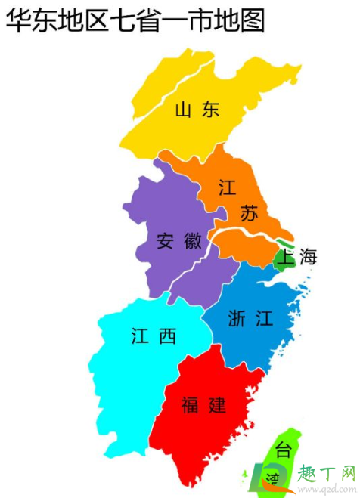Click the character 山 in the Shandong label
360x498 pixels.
pos(183,110)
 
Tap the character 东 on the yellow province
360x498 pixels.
pos(209,110)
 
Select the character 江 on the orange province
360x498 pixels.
pos(227,188)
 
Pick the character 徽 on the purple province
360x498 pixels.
pos(192,242)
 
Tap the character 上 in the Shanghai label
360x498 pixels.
pos(285,258)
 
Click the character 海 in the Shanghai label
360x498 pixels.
pos(308,258)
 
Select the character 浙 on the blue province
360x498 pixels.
pos(237,319)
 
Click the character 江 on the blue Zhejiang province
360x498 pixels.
pos(263,319)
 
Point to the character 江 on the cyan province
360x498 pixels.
pos(139,336)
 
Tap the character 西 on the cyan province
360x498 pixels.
pos(166,336)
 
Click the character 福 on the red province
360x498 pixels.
pos(191,405)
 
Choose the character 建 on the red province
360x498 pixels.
pos(216,405)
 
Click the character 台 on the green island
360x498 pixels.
pos(282,451)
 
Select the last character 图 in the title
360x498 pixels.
pos(253,20)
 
